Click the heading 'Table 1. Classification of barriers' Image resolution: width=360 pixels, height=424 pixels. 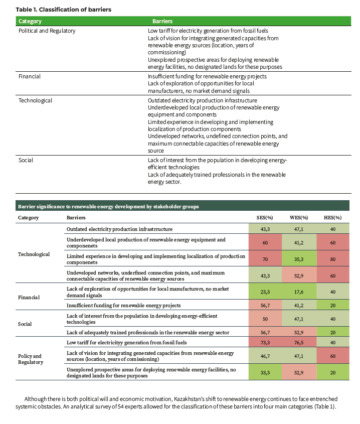click(x=63, y=10)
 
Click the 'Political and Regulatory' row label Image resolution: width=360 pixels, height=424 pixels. click(x=47, y=31)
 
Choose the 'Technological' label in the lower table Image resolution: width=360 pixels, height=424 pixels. click(x=34, y=254)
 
